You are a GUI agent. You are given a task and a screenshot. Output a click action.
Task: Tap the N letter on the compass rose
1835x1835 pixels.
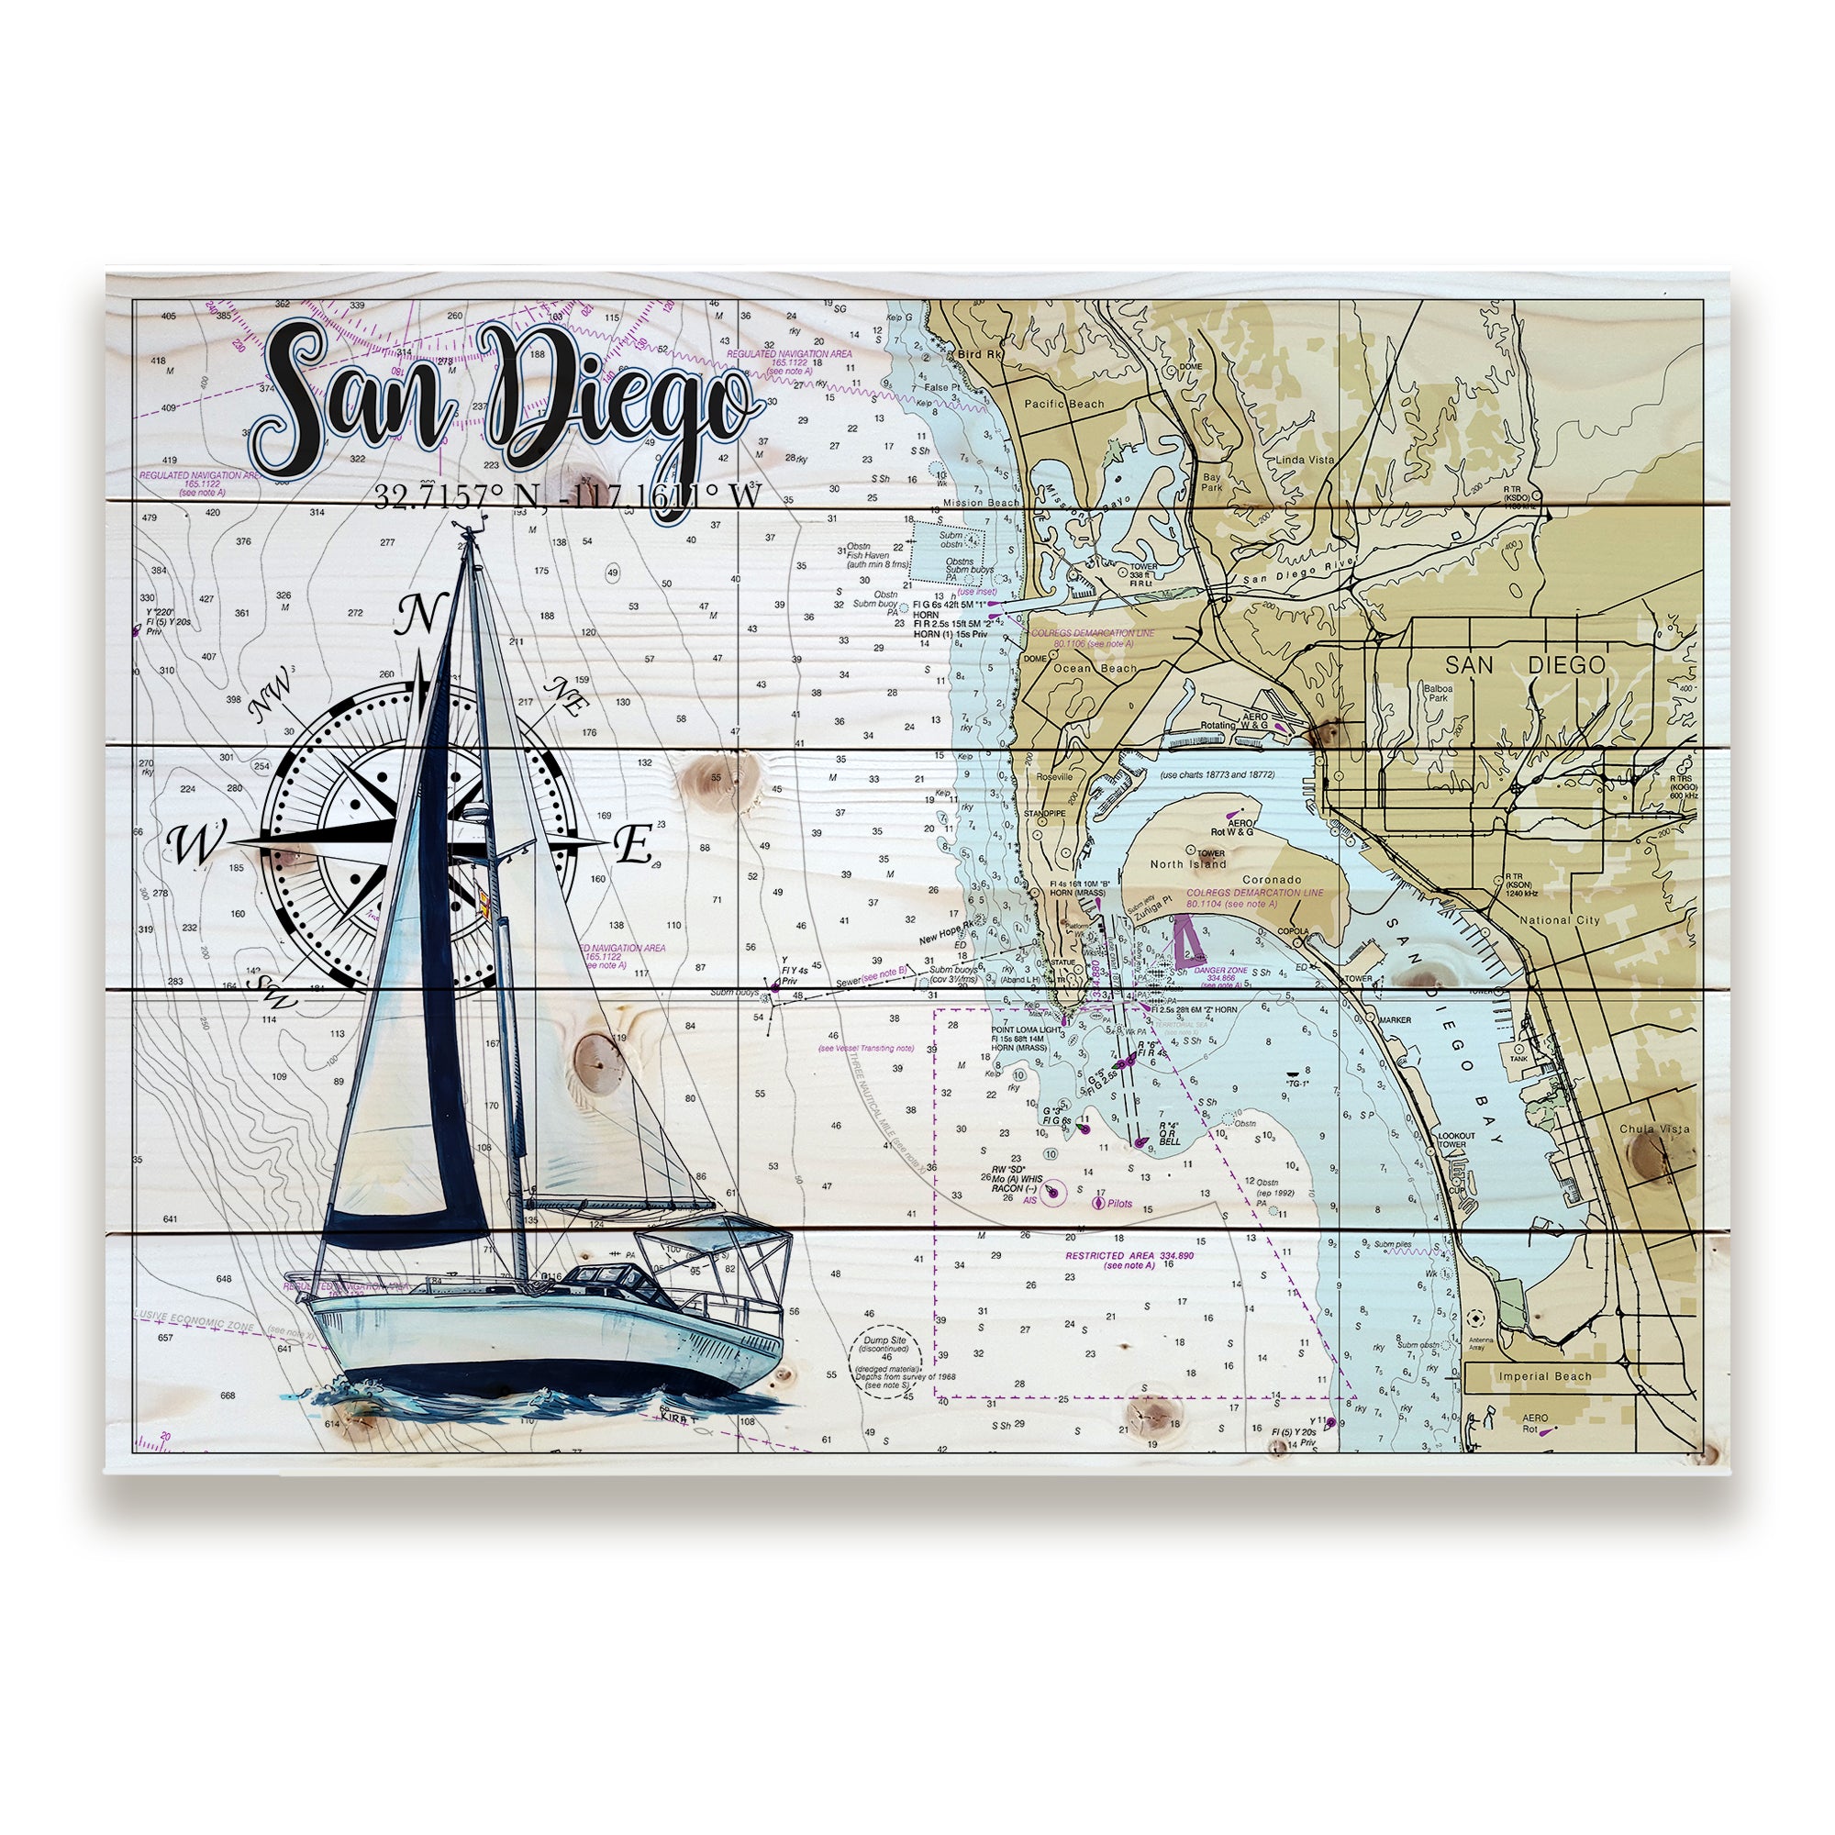click(417, 616)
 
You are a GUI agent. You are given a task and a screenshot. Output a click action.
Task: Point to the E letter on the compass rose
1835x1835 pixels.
click(632, 844)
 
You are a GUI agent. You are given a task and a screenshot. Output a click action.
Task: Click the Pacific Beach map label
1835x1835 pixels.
click(1063, 404)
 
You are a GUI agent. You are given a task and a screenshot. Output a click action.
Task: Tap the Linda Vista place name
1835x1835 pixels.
click(1306, 460)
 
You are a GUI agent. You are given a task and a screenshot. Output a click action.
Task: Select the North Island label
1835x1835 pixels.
click(1188, 864)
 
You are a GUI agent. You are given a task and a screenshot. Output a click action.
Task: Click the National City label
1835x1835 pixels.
click(1560, 919)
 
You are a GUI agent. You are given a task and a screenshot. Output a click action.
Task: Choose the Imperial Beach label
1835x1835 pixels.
click(1545, 1376)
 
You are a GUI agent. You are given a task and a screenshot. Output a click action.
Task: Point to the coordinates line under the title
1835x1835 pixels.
click(567, 495)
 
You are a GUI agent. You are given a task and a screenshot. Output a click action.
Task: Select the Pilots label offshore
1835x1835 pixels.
click(1118, 1204)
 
